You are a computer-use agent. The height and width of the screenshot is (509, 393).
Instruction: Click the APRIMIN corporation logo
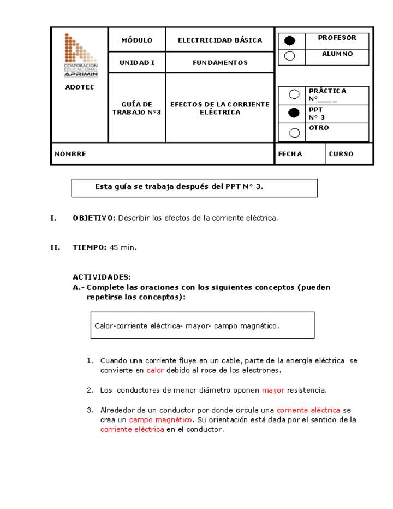click(81, 56)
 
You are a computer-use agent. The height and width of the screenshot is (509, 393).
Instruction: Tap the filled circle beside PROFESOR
click(290, 41)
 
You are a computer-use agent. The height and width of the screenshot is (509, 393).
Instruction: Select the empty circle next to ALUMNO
click(290, 56)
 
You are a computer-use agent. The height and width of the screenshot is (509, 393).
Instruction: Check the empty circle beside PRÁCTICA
click(294, 94)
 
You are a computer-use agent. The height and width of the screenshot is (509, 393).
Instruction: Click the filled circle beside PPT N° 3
click(294, 113)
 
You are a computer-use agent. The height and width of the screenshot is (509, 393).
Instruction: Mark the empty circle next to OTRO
click(294, 132)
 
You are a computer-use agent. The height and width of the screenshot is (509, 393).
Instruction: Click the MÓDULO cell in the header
click(136, 40)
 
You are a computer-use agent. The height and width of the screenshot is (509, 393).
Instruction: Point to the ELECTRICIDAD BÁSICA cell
click(220, 40)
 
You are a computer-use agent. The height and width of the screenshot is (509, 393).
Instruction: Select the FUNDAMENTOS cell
click(220, 63)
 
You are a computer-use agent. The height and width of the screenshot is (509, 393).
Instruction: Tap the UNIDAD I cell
click(136, 63)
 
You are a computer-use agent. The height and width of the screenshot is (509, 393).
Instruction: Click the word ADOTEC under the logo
click(80, 87)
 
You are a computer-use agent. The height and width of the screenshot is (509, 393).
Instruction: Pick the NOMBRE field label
click(70, 154)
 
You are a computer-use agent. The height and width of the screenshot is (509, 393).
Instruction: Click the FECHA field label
click(290, 154)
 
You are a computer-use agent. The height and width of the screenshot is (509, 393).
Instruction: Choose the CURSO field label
click(341, 154)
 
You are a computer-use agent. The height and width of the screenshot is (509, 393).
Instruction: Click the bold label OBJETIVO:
click(94, 218)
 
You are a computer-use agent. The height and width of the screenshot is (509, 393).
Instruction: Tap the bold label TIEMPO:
click(90, 247)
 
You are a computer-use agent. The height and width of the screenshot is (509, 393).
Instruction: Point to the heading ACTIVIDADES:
click(102, 277)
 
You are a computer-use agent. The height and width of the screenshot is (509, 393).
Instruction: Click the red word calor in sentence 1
click(155, 370)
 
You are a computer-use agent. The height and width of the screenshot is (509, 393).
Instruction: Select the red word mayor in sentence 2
click(273, 390)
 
